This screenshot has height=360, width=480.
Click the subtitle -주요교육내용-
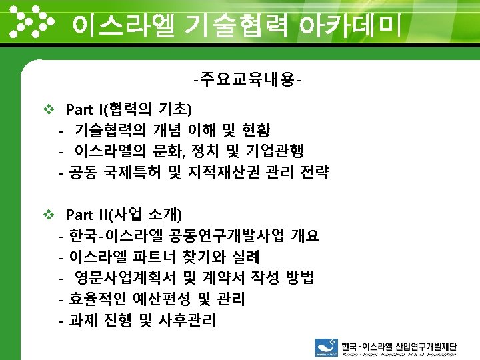(246, 81)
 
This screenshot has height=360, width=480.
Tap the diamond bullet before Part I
(47, 108)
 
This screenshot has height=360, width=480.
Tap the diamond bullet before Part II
(47, 215)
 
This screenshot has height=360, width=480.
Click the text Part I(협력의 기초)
(129, 108)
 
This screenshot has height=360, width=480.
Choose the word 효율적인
(99, 300)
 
